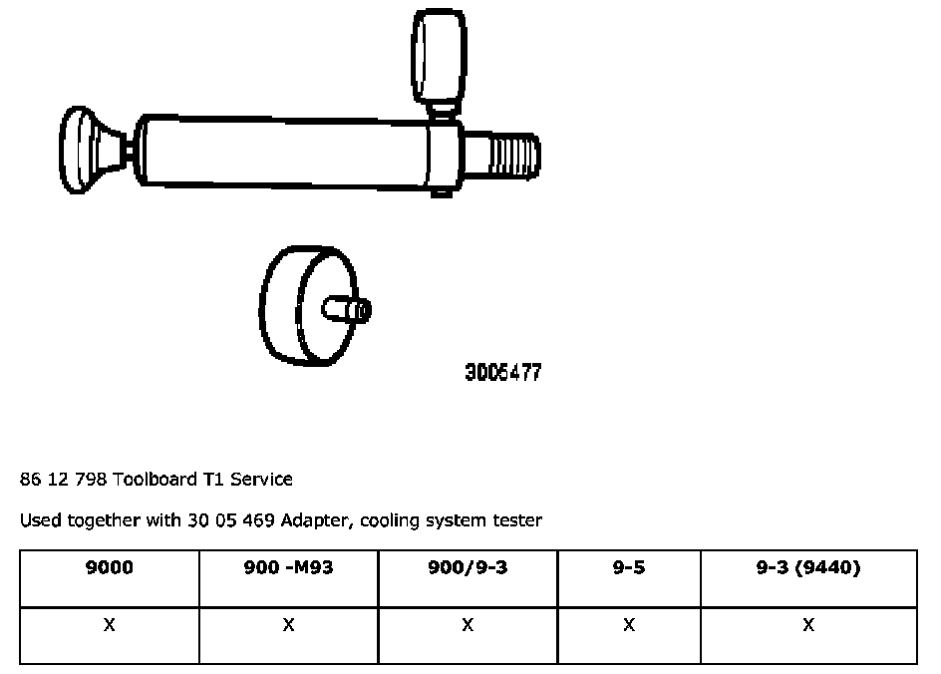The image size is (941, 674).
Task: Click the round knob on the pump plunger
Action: (78, 150)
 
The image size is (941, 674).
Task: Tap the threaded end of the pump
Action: (513, 156)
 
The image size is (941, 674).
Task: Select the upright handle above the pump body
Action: (440, 57)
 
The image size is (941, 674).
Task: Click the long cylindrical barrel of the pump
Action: (282, 152)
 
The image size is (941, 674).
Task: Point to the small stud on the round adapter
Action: (347, 310)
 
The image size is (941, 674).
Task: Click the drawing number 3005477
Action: (503, 372)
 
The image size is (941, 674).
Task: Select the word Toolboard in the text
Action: (155, 479)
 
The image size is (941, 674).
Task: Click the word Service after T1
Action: (261, 479)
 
